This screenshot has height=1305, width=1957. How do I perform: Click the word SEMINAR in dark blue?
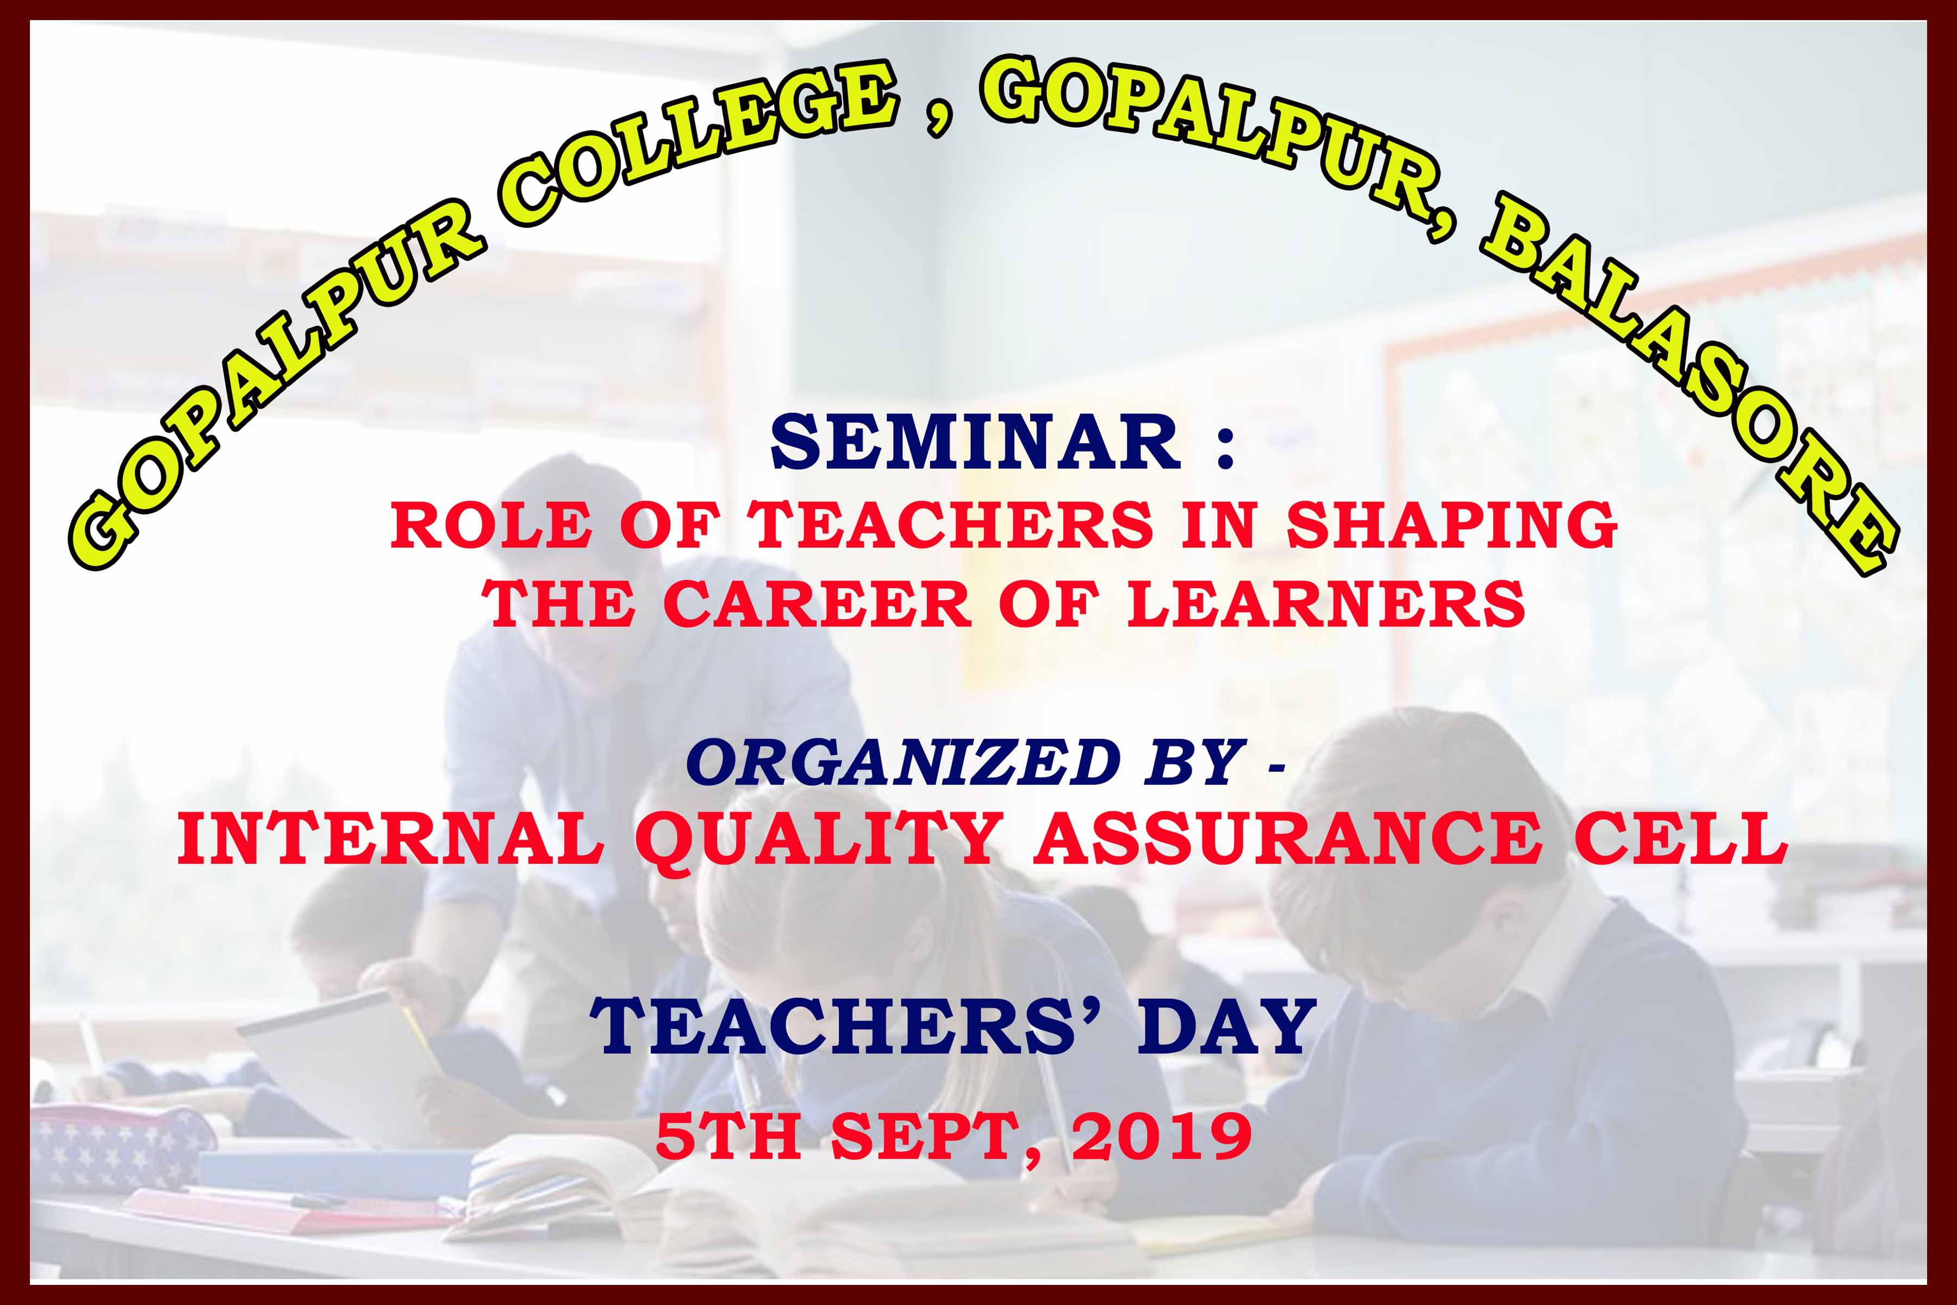click(x=975, y=443)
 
